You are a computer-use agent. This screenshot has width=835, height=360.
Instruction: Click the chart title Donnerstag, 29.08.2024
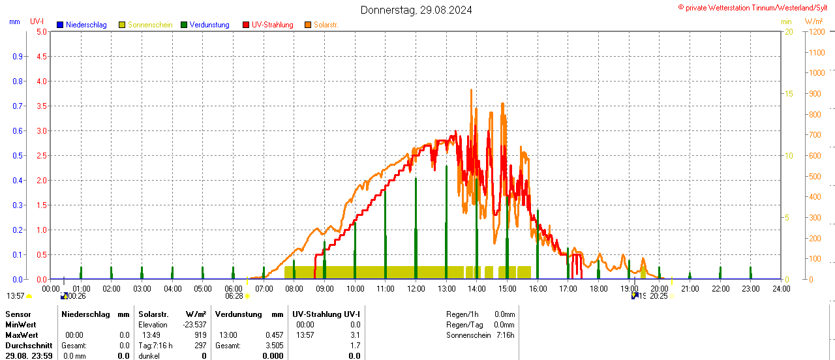tap(416, 10)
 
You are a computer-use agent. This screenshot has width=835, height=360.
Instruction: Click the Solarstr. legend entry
tap(326, 25)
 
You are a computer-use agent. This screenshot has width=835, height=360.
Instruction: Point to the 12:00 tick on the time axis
tap(416, 288)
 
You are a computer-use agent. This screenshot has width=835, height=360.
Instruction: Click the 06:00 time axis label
tap(233, 288)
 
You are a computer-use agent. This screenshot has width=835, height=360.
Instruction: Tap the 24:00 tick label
tap(781, 288)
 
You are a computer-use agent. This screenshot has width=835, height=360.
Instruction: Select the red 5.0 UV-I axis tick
tap(41, 31)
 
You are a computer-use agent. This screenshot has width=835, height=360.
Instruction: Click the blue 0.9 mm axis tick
tap(18, 56)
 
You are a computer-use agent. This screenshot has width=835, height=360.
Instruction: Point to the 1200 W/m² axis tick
tap(816, 31)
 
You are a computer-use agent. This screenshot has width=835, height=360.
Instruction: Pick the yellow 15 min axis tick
tap(789, 93)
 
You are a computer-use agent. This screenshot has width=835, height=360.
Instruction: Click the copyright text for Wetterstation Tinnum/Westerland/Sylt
tap(755, 7)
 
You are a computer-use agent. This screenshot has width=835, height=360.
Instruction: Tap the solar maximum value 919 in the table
tap(200, 335)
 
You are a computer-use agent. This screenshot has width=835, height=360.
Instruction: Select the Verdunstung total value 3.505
tap(274, 346)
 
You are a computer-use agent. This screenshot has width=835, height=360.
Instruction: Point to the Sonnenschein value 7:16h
tap(505, 335)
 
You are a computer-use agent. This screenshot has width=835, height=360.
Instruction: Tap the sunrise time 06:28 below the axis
tap(234, 296)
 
